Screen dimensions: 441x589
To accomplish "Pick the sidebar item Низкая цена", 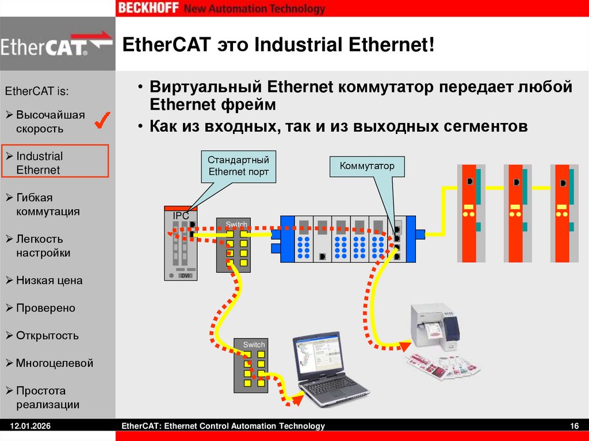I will [x=49, y=281].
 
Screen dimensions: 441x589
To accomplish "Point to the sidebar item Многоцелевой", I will [x=54, y=363].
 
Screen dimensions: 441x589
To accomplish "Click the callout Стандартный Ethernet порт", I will [x=238, y=166].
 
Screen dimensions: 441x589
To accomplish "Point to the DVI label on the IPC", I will [x=185, y=276].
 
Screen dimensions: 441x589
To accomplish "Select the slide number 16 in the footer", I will [x=573, y=426].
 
